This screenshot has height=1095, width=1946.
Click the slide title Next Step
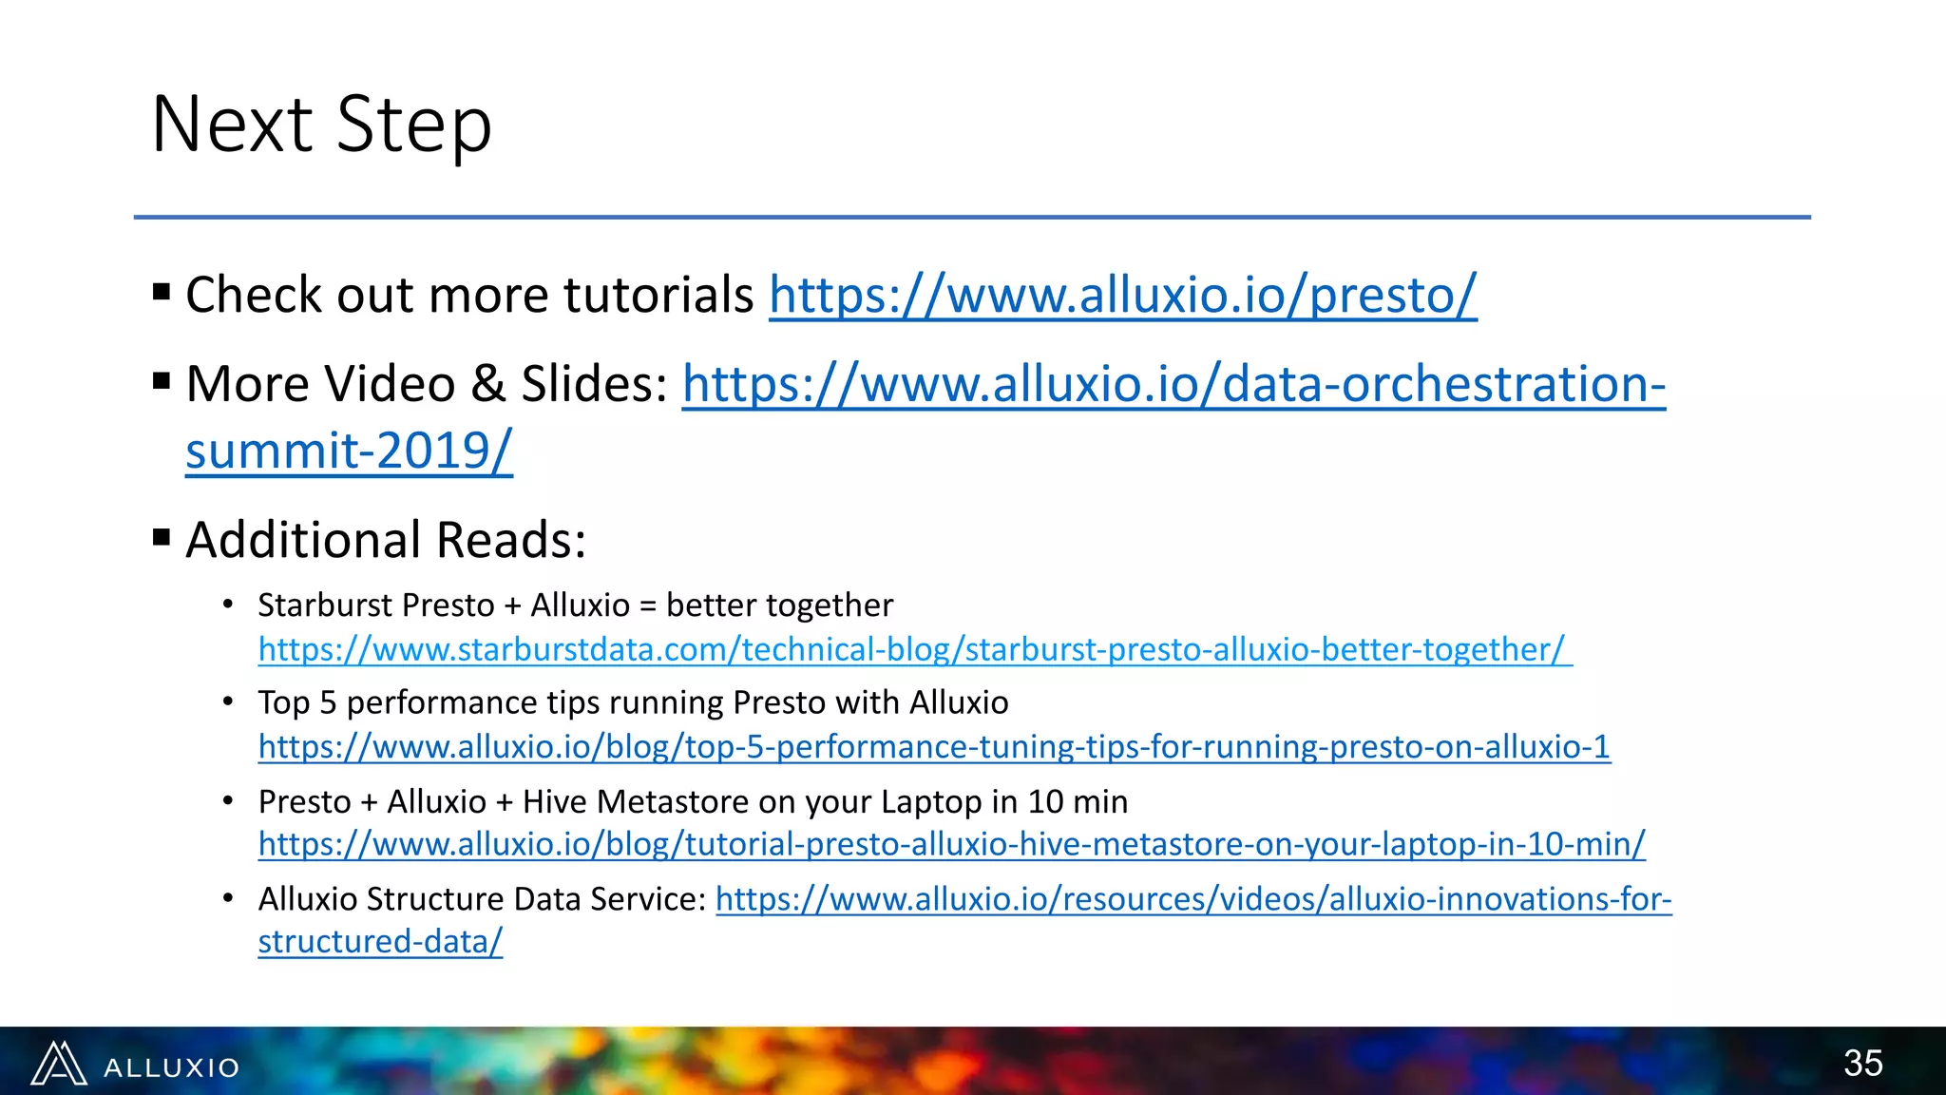tap(321, 125)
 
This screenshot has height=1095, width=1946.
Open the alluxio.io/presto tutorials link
tap(1122, 295)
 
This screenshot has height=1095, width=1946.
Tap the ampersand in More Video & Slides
tap(487, 384)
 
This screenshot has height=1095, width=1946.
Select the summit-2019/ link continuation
tap(349, 451)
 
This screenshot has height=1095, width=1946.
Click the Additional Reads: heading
tap(386, 540)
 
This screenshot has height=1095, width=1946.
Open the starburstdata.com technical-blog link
tap(914, 650)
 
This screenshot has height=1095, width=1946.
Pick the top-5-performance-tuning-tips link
tap(934, 747)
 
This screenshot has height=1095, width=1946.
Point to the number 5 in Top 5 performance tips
tap(328, 702)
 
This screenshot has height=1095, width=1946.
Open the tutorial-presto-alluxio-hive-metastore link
tap(951, 844)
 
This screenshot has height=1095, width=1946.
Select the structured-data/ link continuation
tap(380, 942)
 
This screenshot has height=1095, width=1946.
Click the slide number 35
tap(1862, 1063)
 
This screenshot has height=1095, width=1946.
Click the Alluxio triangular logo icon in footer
tap(59, 1064)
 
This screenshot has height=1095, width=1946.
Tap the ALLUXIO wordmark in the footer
tap(171, 1068)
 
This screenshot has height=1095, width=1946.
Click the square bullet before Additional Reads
tap(162, 539)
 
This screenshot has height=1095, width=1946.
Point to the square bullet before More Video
tap(162, 382)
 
